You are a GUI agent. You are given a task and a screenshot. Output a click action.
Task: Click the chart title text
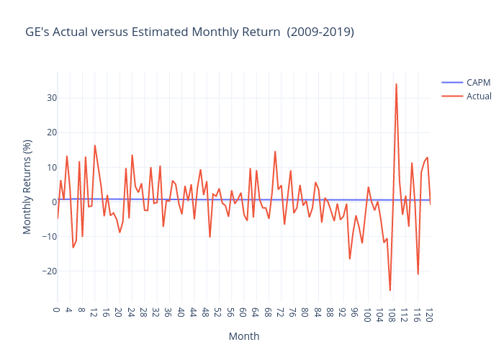pyautogui.click(x=189, y=32)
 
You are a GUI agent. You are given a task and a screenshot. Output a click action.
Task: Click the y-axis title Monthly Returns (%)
pyautogui.click(x=27, y=187)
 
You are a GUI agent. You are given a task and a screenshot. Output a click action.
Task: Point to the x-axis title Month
pyautogui.click(x=244, y=336)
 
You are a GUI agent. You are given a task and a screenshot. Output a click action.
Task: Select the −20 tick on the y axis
pyautogui.click(x=45, y=271)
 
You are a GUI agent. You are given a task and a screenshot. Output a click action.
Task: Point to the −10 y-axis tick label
pyautogui.click(x=45, y=237)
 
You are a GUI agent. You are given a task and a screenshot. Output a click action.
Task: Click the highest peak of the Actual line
pyautogui.click(x=396, y=84)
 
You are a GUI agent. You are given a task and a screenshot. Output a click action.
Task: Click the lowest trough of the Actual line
pyautogui.click(x=390, y=290)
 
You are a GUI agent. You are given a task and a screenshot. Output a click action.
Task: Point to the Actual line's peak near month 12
pyautogui.click(x=94, y=145)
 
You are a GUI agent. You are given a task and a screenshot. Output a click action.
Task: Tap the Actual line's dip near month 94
pyautogui.click(x=350, y=258)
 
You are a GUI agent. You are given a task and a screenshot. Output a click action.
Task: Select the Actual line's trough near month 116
pyautogui.click(x=418, y=274)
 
